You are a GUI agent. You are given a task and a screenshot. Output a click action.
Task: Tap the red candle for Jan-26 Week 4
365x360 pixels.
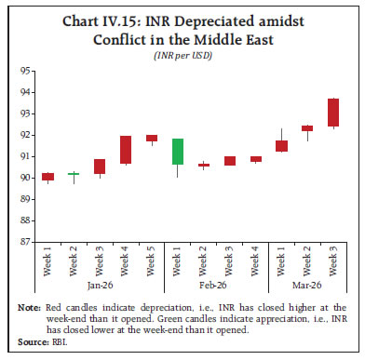[x=126, y=150]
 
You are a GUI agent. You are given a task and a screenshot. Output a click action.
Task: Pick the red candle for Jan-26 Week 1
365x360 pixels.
[x=47, y=176]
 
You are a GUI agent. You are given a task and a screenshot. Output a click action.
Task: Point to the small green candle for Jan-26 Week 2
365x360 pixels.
[x=74, y=173]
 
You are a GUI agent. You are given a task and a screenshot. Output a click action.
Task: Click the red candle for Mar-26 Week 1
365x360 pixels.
[x=281, y=145]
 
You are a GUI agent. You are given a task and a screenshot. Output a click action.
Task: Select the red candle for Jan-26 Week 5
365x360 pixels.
[x=152, y=138]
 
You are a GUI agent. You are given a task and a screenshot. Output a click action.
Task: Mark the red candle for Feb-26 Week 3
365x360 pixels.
[x=230, y=161]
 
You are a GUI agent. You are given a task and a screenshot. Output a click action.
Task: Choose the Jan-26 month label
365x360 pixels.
[x=100, y=286]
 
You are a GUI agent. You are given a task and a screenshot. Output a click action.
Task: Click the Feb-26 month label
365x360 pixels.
[x=217, y=286]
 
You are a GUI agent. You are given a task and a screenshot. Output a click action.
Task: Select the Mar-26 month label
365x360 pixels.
[x=307, y=286]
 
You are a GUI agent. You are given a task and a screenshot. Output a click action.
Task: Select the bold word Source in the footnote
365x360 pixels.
[x=35, y=341]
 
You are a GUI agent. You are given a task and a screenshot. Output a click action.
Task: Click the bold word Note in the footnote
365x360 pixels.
[x=34, y=306]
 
